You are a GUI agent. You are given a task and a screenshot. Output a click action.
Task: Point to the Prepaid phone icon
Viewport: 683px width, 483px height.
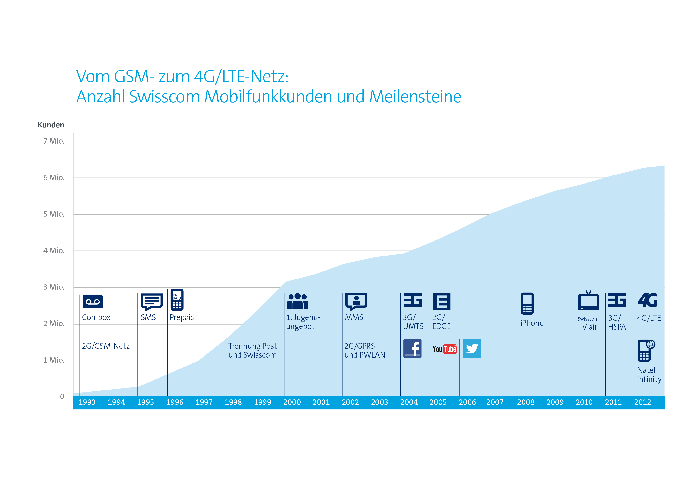point(177,300)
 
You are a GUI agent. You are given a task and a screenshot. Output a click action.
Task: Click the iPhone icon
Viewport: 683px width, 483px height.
point(527,303)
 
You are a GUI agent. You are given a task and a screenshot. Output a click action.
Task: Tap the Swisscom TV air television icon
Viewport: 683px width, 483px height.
point(588,301)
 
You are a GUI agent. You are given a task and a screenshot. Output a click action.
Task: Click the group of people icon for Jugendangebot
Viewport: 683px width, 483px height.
point(297,301)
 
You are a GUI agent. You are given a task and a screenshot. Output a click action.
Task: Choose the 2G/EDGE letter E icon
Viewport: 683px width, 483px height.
point(442,301)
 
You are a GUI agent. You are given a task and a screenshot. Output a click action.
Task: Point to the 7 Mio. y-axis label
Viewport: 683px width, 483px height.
point(54,141)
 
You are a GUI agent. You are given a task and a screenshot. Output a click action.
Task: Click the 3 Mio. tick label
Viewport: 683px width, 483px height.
point(54,287)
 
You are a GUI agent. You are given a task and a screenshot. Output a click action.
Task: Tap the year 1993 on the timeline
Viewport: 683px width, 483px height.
point(87,402)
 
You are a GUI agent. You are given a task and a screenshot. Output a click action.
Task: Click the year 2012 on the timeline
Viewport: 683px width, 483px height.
point(642,402)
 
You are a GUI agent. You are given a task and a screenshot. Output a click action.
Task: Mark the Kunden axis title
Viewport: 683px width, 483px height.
point(51,125)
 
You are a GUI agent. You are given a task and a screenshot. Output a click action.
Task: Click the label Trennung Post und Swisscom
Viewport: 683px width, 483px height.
point(252,350)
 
